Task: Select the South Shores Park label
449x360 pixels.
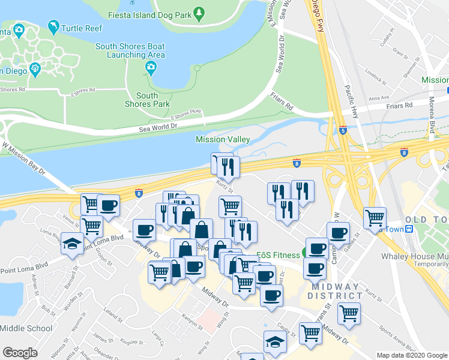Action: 147,100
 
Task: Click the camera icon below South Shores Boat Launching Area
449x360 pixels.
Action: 151,68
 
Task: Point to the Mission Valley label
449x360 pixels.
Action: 223,139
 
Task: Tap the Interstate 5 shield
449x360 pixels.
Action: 343,130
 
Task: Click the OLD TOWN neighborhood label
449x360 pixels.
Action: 426,220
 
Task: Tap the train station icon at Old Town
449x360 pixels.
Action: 410,229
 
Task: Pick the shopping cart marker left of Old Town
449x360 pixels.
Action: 375,217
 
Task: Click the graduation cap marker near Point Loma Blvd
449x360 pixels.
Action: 71,243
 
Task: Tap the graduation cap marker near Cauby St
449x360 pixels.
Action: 274,341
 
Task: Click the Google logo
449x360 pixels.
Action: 20,353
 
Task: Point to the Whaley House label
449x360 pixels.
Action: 415,256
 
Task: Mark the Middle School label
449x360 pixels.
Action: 26,328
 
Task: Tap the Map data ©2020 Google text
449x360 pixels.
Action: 411,355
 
